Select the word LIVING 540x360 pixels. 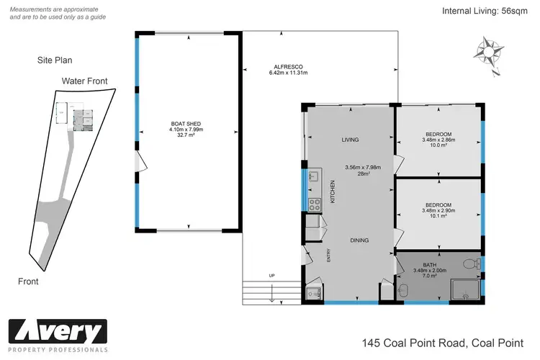(x=350, y=140)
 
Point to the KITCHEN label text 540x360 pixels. (x=333, y=192)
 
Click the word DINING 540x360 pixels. (x=360, y=241)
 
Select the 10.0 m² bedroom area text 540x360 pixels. (x=438, y=145)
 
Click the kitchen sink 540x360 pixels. (x=313, y=176)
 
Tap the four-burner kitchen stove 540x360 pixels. (x=314, y=204)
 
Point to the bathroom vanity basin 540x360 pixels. (x=403, y=289)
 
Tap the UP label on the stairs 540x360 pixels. (x=271, y=276)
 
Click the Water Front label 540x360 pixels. (x=84, y=81)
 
